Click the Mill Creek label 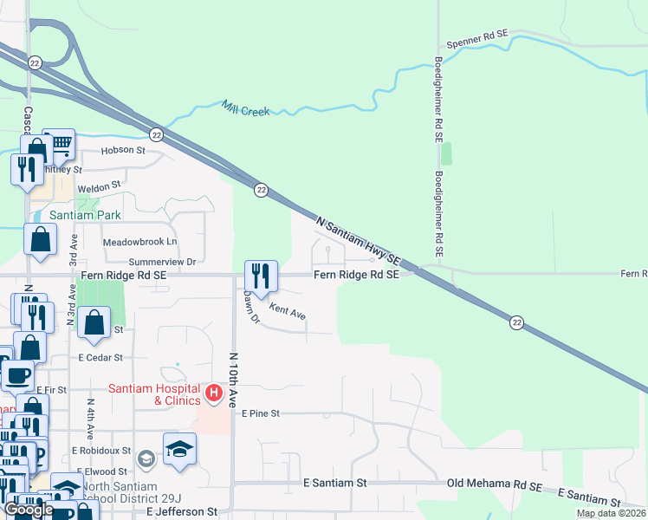[245, 110]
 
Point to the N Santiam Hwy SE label [358, 240]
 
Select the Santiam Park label [85, 215]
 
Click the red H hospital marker [214, 395]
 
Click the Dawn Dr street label [251, 307]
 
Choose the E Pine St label [262, 414]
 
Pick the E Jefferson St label [176, 512]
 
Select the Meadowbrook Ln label [139, 242]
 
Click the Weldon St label [99, 187]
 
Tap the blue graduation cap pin [179, 449]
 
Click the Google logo [28, 510]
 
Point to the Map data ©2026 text [610, 513]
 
